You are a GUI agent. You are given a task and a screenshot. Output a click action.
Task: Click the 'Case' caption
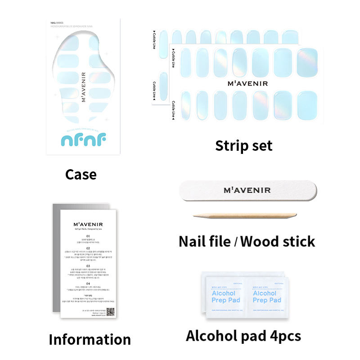point(81,174)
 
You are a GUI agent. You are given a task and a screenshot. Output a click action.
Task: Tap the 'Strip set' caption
point(243,145)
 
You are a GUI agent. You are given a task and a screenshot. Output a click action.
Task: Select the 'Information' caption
point(90,339)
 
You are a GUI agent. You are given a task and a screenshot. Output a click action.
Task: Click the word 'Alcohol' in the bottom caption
point(211,336)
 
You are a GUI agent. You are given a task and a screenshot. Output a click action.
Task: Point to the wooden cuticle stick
point(245,216)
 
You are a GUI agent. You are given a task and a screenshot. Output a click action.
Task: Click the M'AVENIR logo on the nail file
point(247,190)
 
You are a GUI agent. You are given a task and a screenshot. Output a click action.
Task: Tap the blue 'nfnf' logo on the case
point(83,140)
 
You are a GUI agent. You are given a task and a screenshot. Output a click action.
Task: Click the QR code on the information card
point(110,311)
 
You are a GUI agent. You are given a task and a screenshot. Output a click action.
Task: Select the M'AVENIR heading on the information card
point(88,223)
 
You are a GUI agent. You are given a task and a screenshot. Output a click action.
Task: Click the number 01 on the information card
point(88,236)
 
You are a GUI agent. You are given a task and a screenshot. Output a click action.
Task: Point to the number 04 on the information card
point(88,283)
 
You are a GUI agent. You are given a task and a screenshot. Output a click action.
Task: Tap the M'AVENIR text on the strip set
point(247,83)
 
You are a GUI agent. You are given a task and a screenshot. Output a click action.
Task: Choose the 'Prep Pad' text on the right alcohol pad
point(267,300)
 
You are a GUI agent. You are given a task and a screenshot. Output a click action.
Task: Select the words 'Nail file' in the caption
point(204,242)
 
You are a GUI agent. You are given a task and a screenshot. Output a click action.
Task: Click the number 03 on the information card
point(88,265)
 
